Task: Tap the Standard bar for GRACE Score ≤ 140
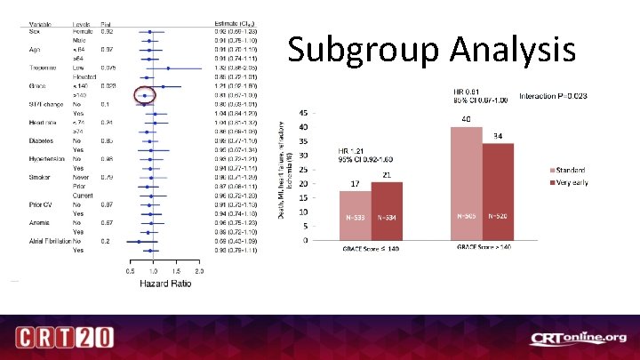click(x=356, y=216)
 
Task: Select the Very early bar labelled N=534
click(x=387, y=211)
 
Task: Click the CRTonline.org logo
click(x=579, y=338)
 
